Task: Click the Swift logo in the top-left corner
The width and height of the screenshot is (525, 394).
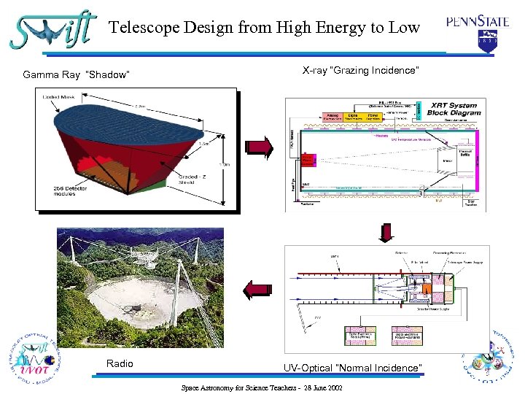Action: click(x=51, y=30)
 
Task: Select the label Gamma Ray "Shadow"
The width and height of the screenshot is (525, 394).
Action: click(x=76, y=74)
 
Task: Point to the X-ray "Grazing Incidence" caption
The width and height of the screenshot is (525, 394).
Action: click(x=361, y=70)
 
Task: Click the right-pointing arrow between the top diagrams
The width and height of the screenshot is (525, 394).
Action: click(x=260, y=147)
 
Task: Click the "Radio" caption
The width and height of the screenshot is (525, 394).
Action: click(x=120, y=363)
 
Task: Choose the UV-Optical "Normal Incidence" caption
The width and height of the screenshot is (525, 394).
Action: click(x=352, y=368)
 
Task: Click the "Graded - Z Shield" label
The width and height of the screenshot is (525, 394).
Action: click(x=193, y=179)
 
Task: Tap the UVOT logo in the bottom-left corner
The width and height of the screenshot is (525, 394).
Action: click(x=32, y=358)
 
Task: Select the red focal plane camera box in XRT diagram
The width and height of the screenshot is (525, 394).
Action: click(x=307, y=159)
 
